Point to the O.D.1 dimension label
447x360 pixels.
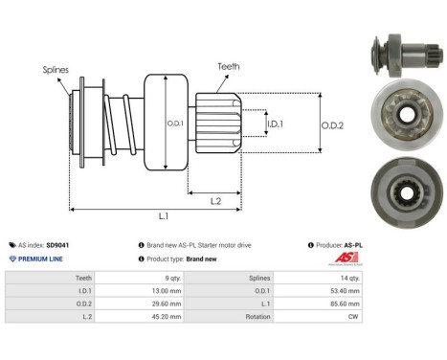[173, 124]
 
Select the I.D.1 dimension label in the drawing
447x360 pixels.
[273, 124]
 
